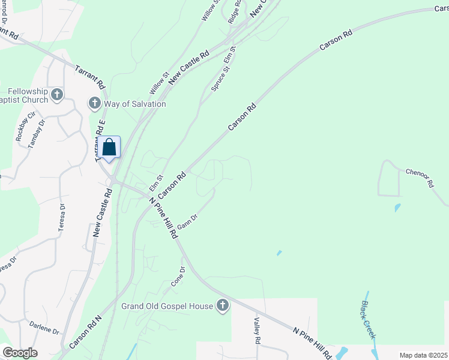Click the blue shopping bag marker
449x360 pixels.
click(109, 148)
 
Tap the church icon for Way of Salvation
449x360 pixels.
click(94, 104)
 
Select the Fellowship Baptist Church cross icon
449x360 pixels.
click(57, 94)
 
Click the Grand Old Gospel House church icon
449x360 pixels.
click(223, 306)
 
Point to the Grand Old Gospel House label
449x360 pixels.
click(167, 306)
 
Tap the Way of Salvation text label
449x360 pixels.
click(135, 104)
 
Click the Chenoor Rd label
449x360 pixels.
click(418, 178)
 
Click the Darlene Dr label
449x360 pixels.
click(44, 328)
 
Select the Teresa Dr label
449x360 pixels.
click(62, 217)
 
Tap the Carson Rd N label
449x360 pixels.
click(86, 332)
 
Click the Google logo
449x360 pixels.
click(20, 353)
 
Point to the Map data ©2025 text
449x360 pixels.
click(423, 355)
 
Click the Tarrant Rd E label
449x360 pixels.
click(100, 140)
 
